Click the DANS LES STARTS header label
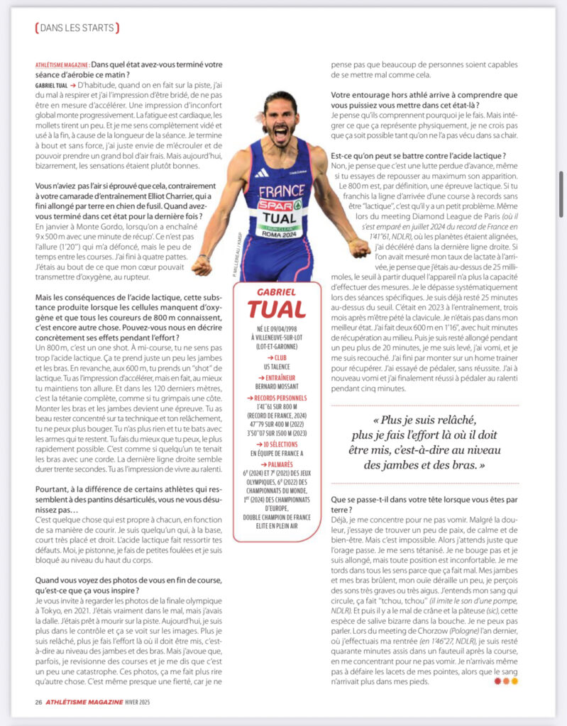click(x=77, y=28)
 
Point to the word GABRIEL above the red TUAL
click(x=277, y=292)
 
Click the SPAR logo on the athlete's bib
click(x=279, y=206)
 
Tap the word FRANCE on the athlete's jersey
click(x=281, y=191)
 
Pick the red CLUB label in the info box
click(x=277, y=359)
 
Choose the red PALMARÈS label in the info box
click(x=277, y=464)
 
